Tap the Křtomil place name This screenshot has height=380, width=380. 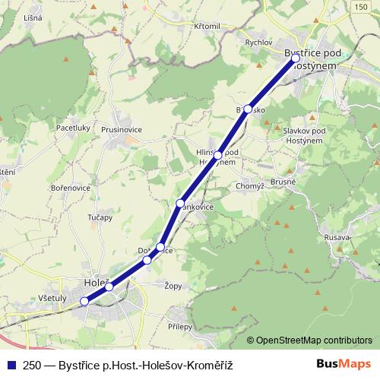coord(206,26)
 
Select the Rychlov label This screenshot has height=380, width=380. coord(258,43)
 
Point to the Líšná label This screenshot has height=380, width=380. coord(32,16)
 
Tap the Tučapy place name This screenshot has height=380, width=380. coord(100,217)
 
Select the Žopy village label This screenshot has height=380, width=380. coord(173,287)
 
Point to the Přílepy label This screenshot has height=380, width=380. coord(181,326)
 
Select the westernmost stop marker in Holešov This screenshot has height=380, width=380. coord(85,301)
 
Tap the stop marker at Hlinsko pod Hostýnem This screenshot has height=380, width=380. coord(218,155)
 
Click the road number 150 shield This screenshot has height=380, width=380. coord(360,6)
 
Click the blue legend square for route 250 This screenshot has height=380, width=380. coord(11,365)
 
